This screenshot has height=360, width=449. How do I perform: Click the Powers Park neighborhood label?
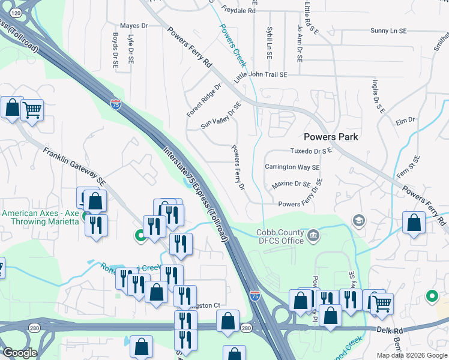tap(331, 137)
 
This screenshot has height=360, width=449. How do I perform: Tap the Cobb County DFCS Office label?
tap(280, 236)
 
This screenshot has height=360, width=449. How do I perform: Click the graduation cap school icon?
tap(359, 221)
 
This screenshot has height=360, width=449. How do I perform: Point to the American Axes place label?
tap(41, 217)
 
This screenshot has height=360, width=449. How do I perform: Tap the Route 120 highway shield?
tap(16, 12)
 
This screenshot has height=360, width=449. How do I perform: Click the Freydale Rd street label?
tap(239, 11)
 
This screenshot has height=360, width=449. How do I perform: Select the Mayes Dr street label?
tap(134, 26)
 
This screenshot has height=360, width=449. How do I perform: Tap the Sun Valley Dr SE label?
tap(221, 116)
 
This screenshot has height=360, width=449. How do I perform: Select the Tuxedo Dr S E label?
tap(311, 151)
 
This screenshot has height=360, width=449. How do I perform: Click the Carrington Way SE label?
tap(292, 167)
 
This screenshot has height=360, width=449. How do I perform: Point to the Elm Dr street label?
tap(406, 121)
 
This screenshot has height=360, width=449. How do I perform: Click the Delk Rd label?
tap(390, 330)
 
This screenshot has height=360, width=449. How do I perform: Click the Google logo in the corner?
tap(20, 353)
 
